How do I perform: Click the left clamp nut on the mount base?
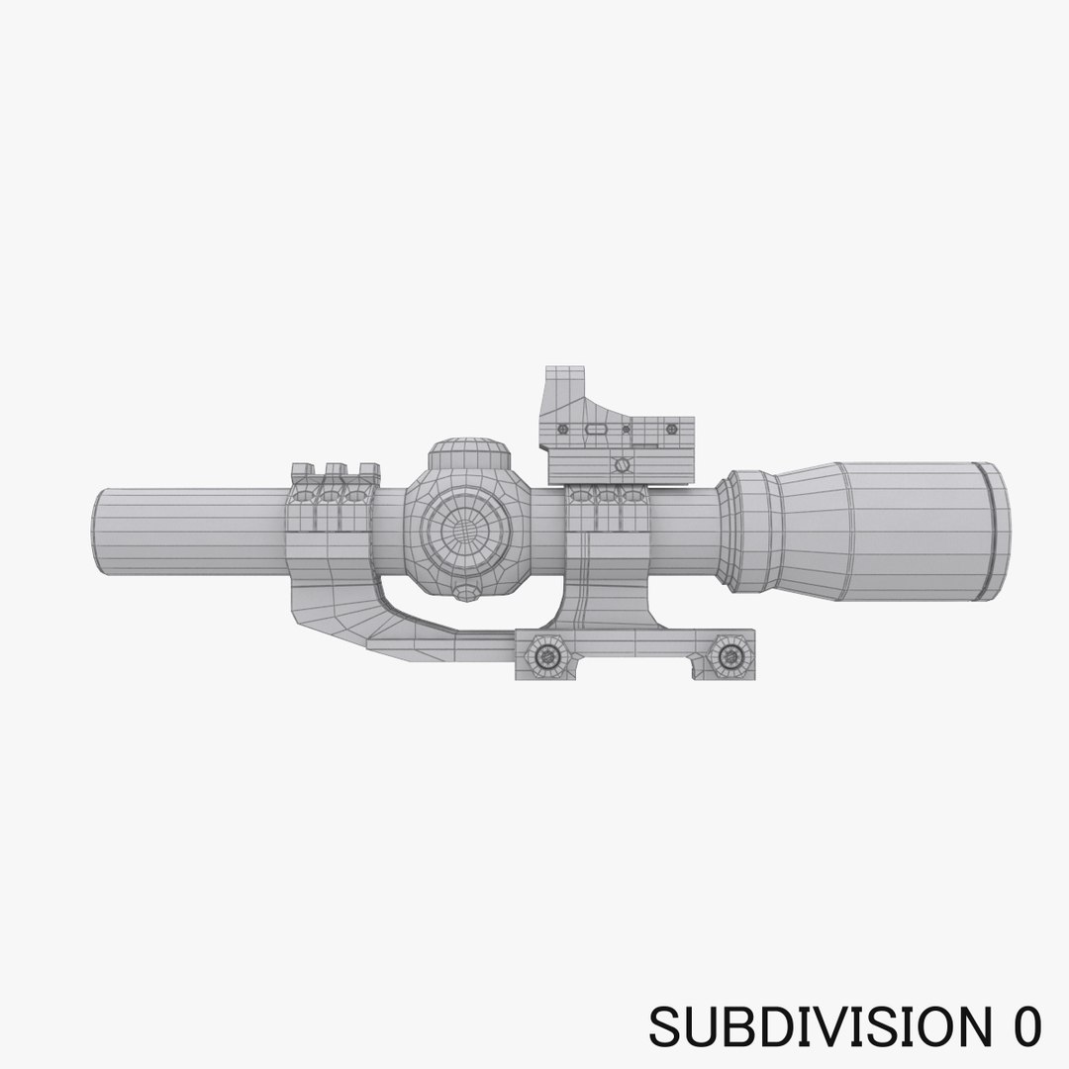coord(541,652)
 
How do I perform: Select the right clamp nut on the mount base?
coord(729,652)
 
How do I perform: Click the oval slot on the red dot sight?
coord(597,430)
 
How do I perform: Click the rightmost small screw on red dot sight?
coord(673,430)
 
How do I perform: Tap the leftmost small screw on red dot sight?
coord(563,430)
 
